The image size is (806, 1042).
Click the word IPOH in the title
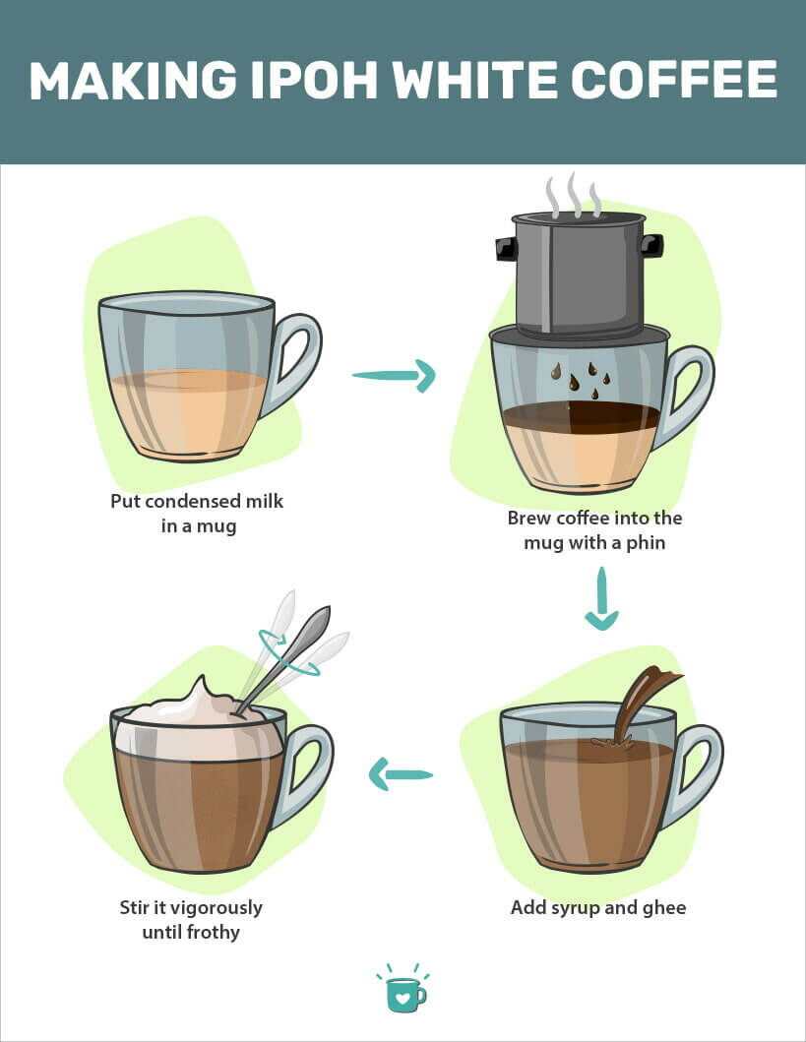[314, 80]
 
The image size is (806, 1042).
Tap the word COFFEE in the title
[674, 80]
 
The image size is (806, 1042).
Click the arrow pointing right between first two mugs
[394, 376]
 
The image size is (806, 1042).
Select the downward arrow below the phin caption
[601, 598]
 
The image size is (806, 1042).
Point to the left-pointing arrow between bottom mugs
[401, 774]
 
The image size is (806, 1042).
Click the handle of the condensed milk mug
[296, 362]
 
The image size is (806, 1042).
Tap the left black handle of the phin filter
[507, 249]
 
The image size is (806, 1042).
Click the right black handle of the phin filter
[651, 246]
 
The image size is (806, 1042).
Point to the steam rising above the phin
[574, 195]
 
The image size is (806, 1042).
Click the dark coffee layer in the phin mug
[582, 417]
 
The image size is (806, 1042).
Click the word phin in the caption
[646, 543]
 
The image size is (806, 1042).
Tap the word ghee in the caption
[664, 908]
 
